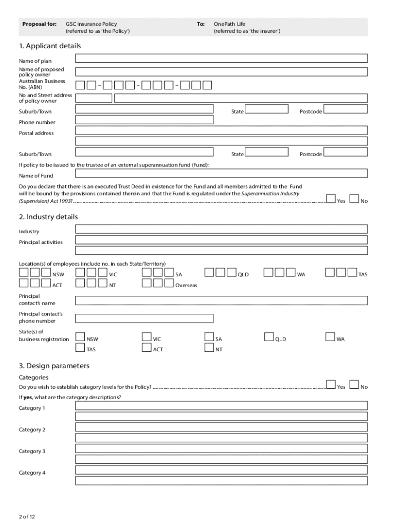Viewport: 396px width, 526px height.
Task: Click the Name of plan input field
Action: [x=221, y=58]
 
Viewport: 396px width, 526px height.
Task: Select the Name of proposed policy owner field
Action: [x=221, y=71]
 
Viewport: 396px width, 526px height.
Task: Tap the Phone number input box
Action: [x=145, y=120]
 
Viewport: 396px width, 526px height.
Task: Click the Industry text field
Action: [x=221, y=229]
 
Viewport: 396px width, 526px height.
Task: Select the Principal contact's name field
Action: [x=221, y=300]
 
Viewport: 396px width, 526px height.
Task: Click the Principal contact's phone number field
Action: [x=145, y=318]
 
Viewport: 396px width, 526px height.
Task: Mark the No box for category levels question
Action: [x=354, y=385]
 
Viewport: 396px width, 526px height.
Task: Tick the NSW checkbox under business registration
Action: [x=80, y=337]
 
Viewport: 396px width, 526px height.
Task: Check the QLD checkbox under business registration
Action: [x=269, y=337]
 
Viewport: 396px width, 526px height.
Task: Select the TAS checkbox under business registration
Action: [x=80, y=348]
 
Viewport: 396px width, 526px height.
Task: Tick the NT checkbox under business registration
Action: [x=209, y=348]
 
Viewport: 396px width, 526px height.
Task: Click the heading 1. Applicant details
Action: [x=50, y=46]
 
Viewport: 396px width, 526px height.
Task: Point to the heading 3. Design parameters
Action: [x=54, y=366]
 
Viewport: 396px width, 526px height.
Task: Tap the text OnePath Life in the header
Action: [x=229, y=24]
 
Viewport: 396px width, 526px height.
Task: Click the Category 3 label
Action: [x=32, y=451]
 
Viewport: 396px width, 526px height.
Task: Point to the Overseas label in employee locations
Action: [x=186, y=286]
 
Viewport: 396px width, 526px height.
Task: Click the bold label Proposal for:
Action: [x=39, y=24]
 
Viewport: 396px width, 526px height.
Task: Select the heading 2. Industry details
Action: [x=48, y=217]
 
